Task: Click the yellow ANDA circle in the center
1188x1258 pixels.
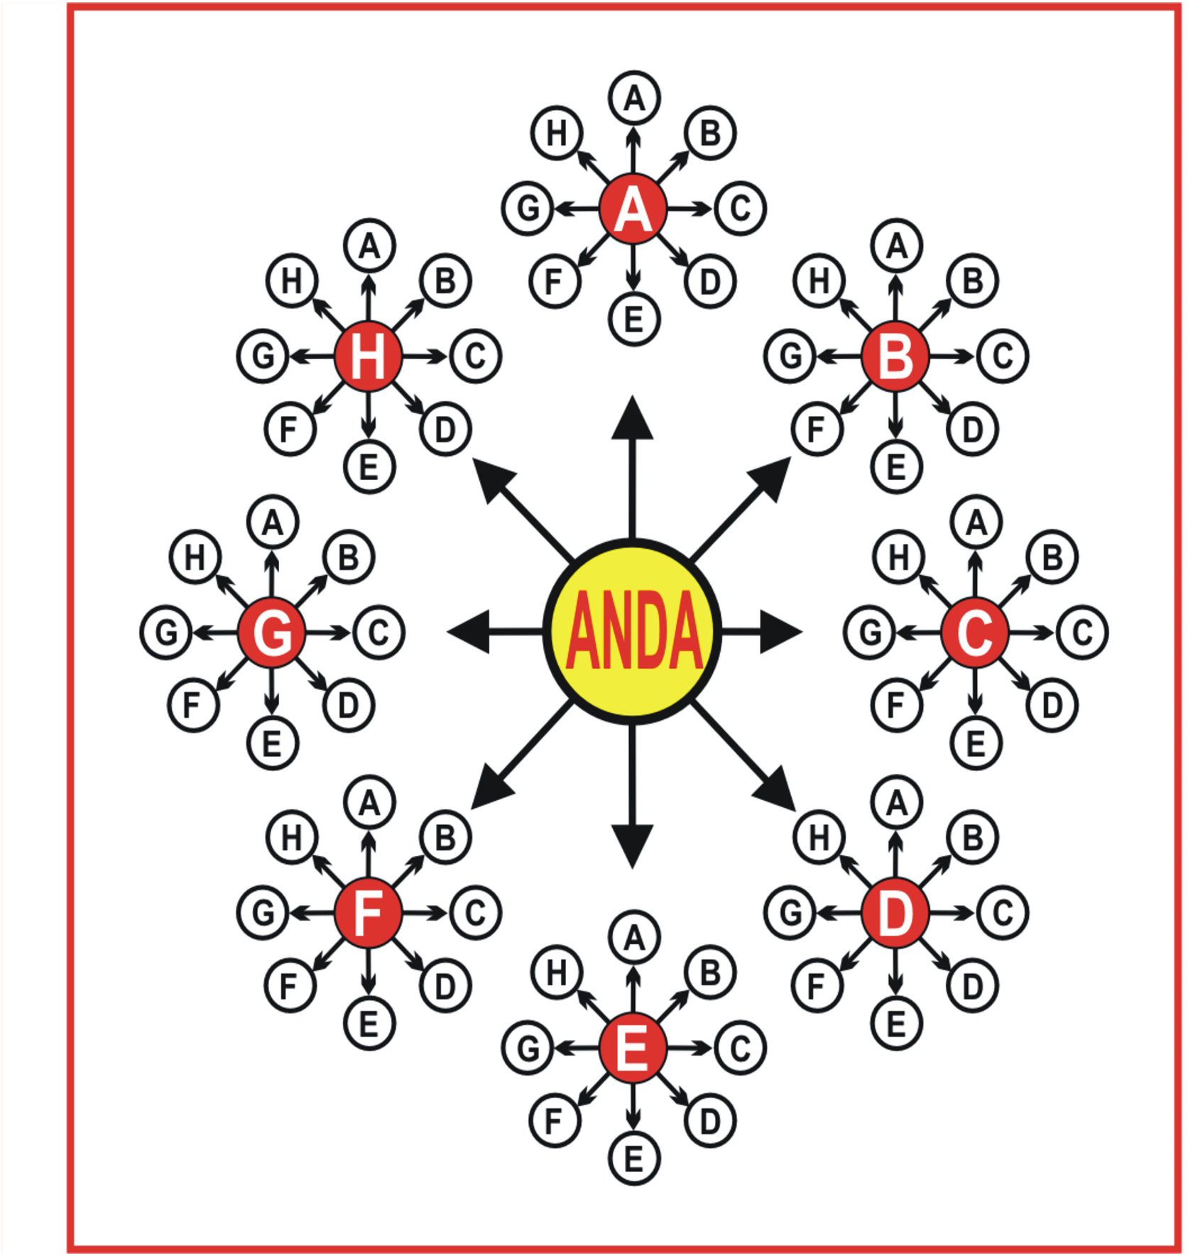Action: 632,631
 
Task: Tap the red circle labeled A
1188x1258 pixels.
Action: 633,209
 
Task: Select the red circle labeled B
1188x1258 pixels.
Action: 895,356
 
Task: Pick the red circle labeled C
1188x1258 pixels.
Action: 975,632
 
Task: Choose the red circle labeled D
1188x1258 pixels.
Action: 895,912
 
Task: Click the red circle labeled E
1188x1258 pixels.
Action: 633,1048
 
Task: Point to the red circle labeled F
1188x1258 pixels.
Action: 368,912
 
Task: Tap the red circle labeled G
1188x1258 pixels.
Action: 272,632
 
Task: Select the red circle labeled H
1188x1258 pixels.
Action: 368,356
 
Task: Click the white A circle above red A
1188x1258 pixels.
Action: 634,98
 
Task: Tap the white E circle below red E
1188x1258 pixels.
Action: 634,1159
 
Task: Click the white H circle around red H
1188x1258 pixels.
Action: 292,281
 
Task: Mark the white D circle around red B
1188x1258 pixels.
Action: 972,430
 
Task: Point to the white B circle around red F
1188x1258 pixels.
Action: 445,838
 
